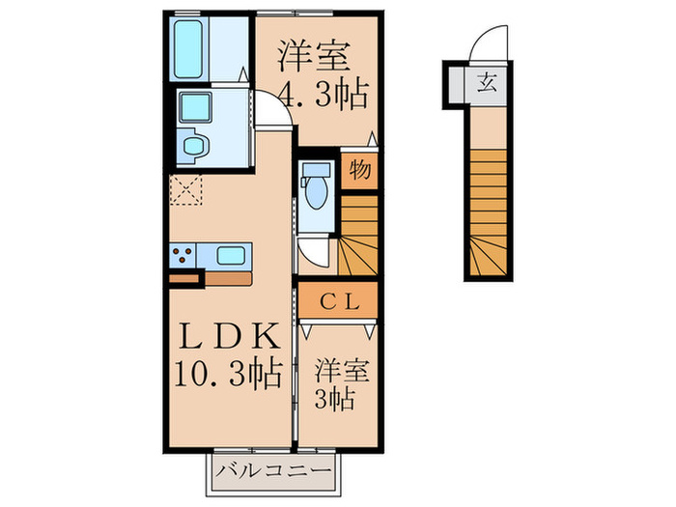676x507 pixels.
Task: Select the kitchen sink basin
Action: coord(231,256)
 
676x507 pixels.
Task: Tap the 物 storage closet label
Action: coord(357,171)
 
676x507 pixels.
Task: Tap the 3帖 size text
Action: coord(338,396)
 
